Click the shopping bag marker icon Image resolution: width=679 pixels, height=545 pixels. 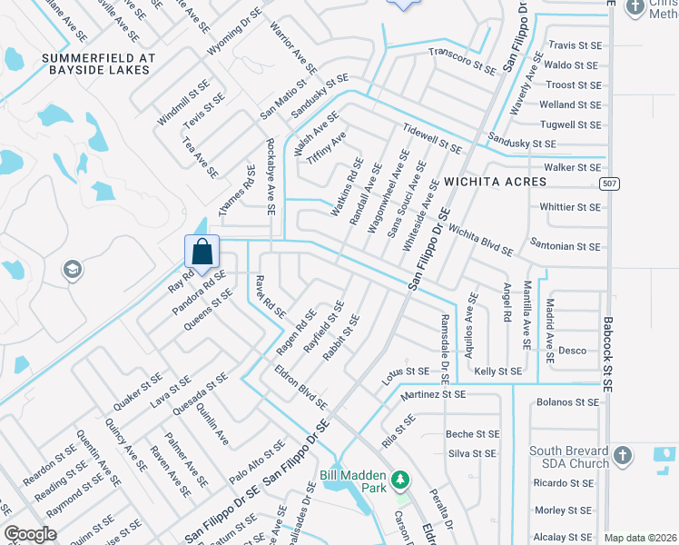202,252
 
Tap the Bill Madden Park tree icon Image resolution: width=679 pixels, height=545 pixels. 398,479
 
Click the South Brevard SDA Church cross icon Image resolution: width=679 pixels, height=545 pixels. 623,456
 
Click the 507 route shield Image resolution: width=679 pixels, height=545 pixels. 610,184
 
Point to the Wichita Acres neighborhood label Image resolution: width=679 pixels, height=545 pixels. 495,182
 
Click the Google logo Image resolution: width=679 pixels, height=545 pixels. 30,534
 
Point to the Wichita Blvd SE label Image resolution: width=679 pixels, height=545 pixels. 480,241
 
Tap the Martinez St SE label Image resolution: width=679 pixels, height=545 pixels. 432,394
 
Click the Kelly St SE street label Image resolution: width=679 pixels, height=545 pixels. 498,372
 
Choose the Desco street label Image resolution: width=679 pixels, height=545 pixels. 572,351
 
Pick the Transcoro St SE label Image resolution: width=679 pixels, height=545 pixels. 462,61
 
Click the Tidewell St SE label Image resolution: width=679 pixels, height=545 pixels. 433,137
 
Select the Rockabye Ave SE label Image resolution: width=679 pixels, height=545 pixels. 271,177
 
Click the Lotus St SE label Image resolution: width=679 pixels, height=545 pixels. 405,372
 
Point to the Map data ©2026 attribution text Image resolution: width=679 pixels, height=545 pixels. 640,538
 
